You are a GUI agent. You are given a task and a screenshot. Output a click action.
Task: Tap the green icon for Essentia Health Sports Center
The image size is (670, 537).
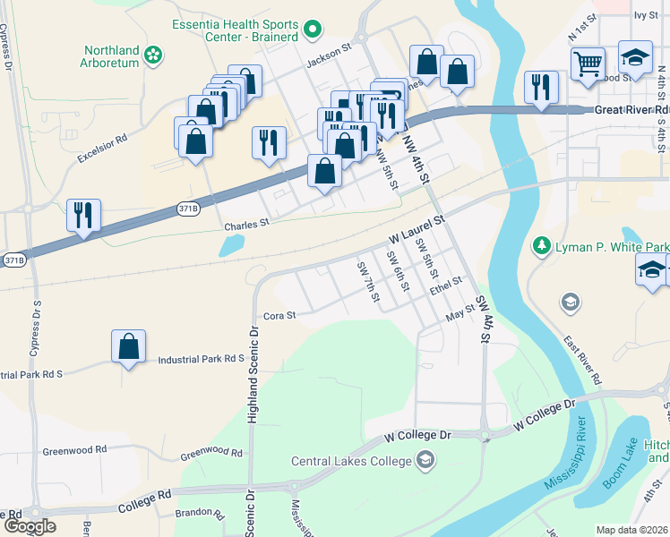click(313, 30)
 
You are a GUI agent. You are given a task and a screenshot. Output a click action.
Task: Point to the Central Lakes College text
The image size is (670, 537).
click(350, 462)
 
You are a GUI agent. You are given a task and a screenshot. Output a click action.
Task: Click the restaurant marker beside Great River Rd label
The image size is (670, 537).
click(541, 88)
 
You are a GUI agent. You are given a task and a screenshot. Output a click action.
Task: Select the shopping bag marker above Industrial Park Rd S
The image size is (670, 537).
click(129, 346)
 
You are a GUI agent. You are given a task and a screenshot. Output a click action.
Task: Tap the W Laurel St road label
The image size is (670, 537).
click(417, 229)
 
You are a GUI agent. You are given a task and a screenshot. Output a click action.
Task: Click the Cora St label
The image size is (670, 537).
click(279, 315)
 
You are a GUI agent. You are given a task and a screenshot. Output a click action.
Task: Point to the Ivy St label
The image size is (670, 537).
click(645, 15)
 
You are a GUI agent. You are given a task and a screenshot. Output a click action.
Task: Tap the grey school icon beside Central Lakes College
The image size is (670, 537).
click(425, 462)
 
